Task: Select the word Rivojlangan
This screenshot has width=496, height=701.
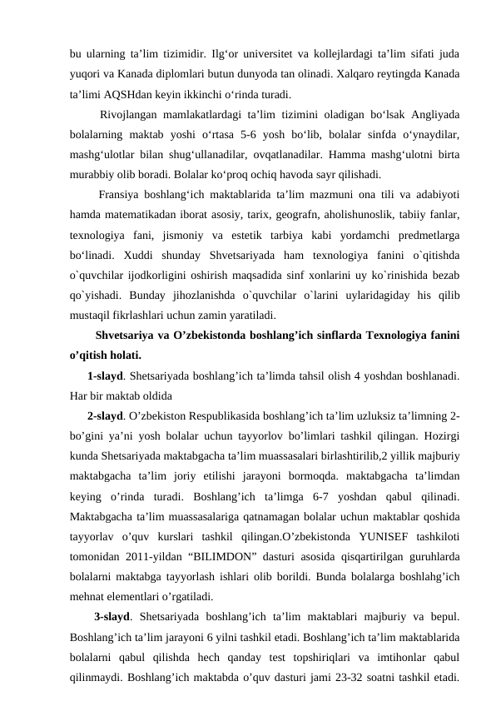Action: click(131, 114)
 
